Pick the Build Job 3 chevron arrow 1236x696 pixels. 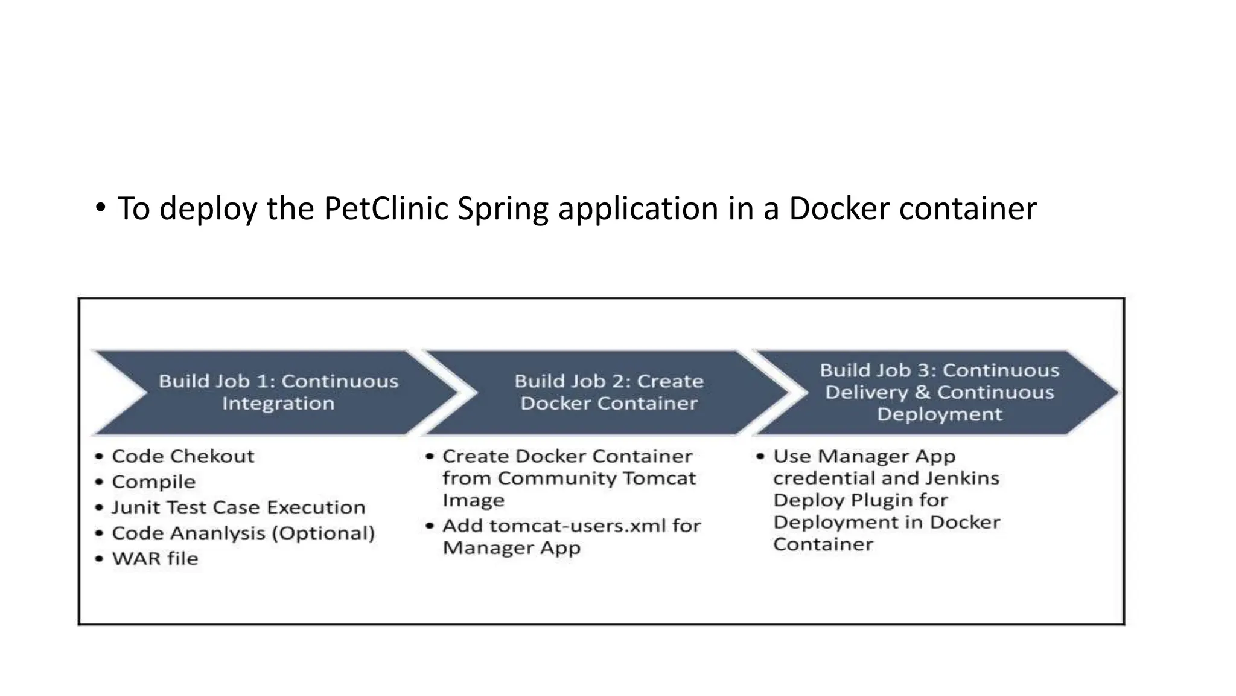click(938, 392)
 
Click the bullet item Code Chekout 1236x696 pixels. click(183, 456)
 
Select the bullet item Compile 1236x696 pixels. click(154, 482)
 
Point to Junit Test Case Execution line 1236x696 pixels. click(238, 507)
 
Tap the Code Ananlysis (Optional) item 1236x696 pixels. click(243, 533)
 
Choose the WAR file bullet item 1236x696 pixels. click(155, 559)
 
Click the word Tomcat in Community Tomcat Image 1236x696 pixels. click(658, 478)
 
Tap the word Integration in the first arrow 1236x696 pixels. click(278, 404)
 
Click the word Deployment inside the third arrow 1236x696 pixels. click(939, 414)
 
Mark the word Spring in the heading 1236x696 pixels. click(503, 210)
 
